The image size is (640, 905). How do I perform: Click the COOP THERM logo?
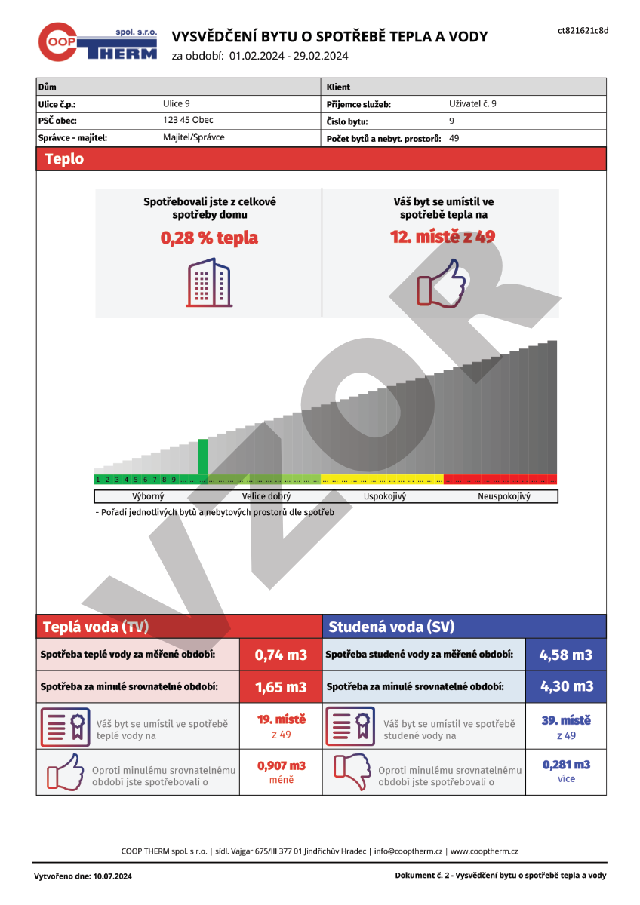[x=97, y=43]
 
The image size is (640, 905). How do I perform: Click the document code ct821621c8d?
[x=583, y=31]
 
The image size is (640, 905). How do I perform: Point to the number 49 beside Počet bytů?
[x=454, y=138]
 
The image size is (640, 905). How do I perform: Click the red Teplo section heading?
[x=65, y=159]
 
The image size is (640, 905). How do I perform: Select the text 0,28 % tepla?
[x=209, y=238]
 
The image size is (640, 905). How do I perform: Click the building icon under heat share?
[x=209, y=283]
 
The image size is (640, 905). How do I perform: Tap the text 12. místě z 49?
[x=443, y=237]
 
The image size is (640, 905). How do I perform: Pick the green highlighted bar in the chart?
[x=202, y=456]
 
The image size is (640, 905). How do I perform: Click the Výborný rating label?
[x=148, y=497]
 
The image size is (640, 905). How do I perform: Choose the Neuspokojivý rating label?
[x=504, y=497]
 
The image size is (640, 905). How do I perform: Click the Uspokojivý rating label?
[x=385, y=497]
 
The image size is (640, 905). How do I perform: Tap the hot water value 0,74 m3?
[x=281, y=655]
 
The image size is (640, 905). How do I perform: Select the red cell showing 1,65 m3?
[x=281, y=687]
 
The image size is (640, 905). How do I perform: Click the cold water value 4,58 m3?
[x=566, y=655]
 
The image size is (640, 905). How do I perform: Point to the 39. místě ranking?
[x=566, y=721]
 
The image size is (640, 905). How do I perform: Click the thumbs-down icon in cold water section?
[x=351, y=772]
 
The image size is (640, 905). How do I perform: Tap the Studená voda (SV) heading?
[x=392, y=627]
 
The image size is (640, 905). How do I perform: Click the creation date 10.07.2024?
[x=111, y=876]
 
